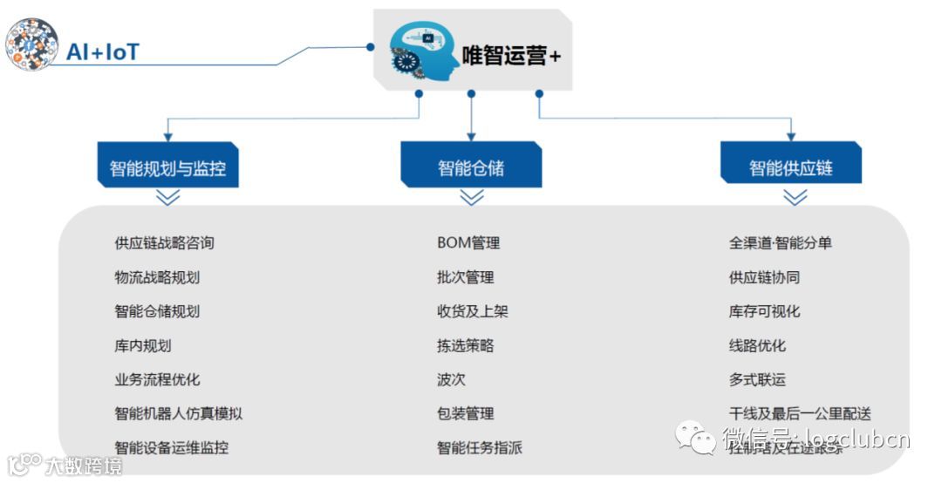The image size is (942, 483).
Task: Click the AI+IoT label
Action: click(103, 51)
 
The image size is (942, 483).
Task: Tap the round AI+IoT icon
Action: click(32, 44)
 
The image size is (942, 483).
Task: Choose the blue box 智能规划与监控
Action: click(167, 167)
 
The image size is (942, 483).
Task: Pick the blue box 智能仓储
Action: click(471, 167)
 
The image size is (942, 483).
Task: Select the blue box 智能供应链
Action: click(791, 167)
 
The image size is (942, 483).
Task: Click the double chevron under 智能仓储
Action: click(472, 198)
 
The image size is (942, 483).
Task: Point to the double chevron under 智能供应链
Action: click(795, 198)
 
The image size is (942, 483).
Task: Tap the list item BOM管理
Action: click(468, 242)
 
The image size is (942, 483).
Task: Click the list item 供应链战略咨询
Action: click(164, 242)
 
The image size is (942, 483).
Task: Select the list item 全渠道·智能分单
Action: click(781, 242)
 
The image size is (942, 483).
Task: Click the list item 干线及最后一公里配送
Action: click(800, 414)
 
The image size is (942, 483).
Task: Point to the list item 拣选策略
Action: click(466, 346)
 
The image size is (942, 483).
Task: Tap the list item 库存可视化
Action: click(764, 311)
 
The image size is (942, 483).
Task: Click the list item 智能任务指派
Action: click(480, 448)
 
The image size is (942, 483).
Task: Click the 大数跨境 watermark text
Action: click(83, 466)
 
